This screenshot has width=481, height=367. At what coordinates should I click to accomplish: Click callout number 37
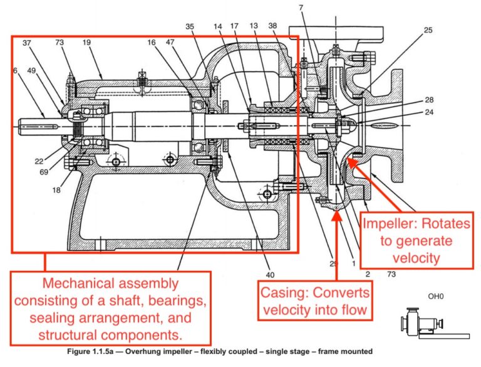coord(26,43)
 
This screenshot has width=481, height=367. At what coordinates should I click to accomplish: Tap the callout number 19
coord(87,43)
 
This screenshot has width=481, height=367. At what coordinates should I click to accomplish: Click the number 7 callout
coord(301,7)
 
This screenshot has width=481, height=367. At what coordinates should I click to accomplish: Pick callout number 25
coord(428,30)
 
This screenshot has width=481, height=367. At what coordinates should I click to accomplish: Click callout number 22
coord(39,161)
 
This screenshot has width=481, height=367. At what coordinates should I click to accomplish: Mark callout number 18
coord(57,190)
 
